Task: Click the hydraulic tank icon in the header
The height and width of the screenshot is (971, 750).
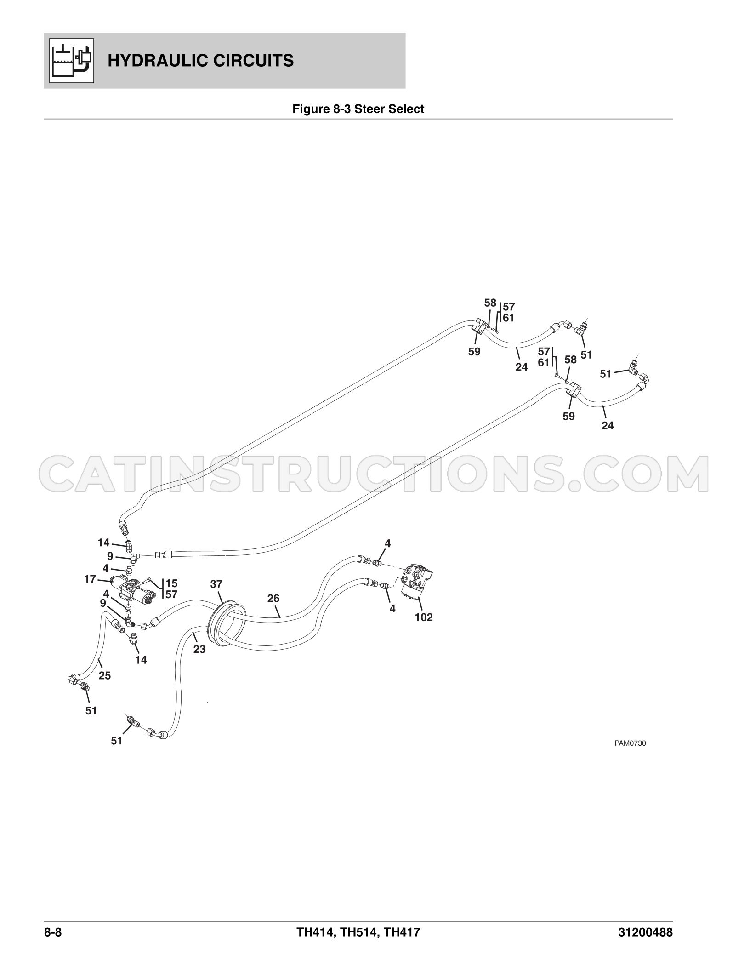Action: click(71, 60)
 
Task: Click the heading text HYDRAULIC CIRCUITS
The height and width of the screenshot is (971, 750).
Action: click(201, 61)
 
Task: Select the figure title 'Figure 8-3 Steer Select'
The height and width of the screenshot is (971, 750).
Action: click(358, 109)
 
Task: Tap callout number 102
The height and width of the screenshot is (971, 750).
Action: click(424, 617)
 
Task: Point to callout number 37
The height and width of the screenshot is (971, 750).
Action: click(216, 584)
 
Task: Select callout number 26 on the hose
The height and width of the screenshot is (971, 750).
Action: click(273, 598)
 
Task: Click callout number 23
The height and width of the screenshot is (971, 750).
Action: click(199, 650)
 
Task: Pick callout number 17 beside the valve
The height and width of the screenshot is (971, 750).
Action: click(90, 579)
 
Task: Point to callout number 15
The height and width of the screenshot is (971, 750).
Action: click(171, 583)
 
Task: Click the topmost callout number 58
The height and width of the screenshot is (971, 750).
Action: click(490, 303)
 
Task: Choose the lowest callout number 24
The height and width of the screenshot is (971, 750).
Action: click(608, 426)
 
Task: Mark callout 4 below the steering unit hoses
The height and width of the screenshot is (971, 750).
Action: click(392, 609)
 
